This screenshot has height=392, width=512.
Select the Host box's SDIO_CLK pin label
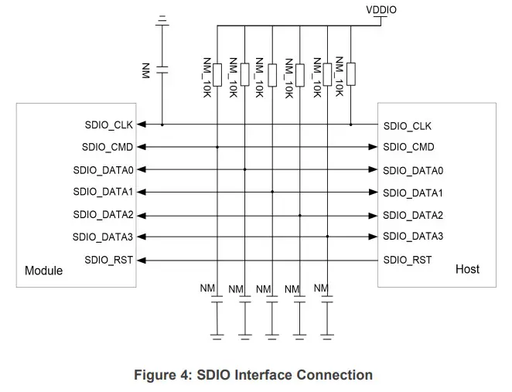pos(407,126)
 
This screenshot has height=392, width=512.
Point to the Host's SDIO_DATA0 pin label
pos(412,170)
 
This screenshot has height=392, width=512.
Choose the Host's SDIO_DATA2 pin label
pos(412,215)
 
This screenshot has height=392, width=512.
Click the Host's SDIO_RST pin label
pos(407,260)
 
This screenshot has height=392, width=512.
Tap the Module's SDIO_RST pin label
pos(108,260)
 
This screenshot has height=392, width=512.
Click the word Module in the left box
pos(43,271)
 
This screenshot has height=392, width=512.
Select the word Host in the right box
pos(467,269)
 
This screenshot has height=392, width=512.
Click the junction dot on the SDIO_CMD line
pos(217,146)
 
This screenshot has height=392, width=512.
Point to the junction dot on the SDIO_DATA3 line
pos(326,237)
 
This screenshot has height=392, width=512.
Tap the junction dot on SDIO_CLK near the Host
pos(351,124)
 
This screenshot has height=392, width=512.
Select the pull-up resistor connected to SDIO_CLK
pos(351,74)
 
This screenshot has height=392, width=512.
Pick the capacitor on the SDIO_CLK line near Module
pos(162,70)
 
